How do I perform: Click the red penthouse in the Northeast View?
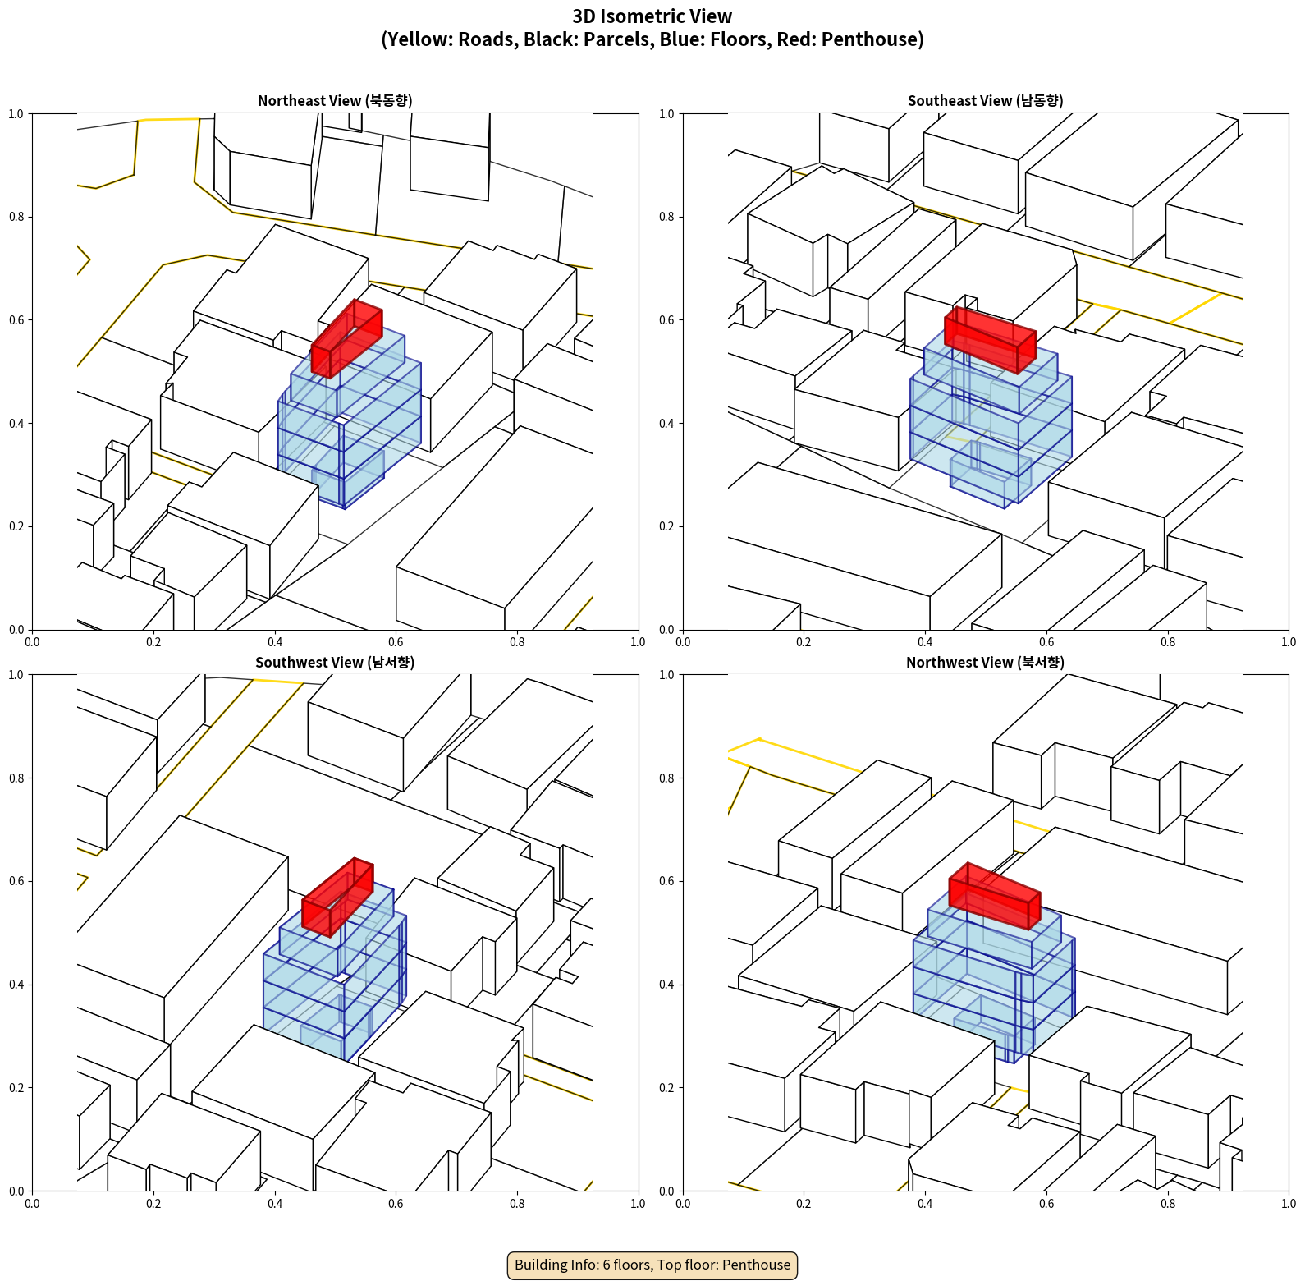coord(347,339)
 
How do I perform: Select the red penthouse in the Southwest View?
coord(337,898)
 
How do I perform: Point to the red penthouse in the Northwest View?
coord(995,896)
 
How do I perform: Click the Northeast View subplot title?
coord(335,100)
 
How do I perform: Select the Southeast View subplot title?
coord(985,100)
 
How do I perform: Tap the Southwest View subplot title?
coord(335,662)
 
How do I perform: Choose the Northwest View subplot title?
coord(985,662)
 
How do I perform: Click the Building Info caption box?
coord(652,1265)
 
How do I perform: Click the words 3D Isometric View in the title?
coord(652,16)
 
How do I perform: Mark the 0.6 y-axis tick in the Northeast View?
coord(16,320)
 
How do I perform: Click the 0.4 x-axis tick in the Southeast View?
coord(925,642)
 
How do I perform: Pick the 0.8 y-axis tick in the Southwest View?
coord(16,778)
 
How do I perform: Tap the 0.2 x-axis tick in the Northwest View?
coord(804,1204)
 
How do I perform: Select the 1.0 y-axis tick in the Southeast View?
coord(667,114)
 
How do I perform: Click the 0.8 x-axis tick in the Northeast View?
coord(517,642)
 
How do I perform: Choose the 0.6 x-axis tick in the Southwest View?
coord(396,1204)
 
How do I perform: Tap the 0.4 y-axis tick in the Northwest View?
coord(667,985)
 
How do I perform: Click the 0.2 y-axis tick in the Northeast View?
coord(16,526)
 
